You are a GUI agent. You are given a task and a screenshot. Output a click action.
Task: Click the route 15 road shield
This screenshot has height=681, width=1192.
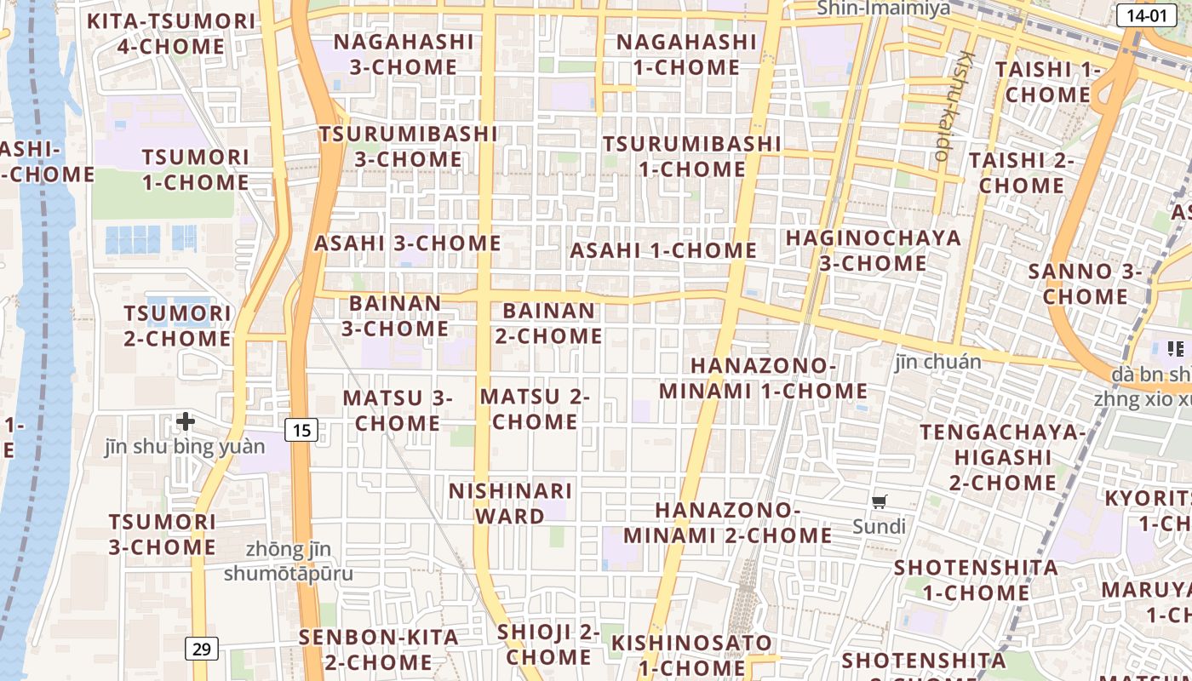[x=301, y=430]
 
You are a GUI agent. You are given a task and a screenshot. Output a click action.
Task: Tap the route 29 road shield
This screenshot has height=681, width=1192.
[x=202, y=650]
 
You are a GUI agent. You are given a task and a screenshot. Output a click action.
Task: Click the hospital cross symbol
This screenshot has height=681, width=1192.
[x=186, y=421]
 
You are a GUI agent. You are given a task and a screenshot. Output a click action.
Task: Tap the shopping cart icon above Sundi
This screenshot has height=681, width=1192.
[x=880, y=501]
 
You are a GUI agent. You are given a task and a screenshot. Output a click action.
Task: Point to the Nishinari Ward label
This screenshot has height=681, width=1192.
[x=510, y=503]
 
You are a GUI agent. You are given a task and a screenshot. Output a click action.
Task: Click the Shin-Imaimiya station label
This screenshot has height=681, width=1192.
[x=883, y=9]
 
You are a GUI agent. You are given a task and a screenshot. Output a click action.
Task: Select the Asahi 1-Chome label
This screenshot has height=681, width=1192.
[x=663, y=250]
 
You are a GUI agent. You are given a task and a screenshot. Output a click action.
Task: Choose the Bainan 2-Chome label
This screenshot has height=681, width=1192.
[x=548, y=323]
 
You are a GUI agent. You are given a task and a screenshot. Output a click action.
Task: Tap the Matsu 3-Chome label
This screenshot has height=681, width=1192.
[x=398, y=410]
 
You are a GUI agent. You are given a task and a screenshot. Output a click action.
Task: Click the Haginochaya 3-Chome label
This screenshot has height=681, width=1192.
[x=874, y=250]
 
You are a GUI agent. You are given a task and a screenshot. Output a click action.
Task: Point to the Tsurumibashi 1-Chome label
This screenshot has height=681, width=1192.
[x=691, y=156]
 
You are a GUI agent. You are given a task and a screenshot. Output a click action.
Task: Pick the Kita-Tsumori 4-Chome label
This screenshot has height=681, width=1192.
[x=171, y=33]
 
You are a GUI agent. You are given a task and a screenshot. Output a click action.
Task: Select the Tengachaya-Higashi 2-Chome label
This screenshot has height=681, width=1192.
[x=1003, y=457]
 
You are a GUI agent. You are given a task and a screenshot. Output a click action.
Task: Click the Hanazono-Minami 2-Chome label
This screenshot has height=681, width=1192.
[x=728, y=523]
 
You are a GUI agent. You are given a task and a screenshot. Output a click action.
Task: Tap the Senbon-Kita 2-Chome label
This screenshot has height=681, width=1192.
[x=378, y=649]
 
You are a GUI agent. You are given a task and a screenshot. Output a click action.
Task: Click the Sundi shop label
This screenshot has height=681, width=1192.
[x=880, y=526]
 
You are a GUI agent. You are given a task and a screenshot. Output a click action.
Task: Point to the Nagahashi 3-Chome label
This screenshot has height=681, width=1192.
[x=403, y=54]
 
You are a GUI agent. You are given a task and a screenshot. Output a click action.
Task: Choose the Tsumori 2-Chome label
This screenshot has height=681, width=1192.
[x=177, y=326]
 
